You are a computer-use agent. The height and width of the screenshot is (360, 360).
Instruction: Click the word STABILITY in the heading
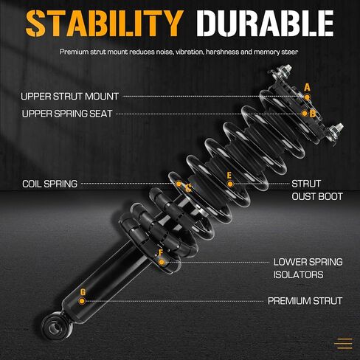click(x=105, y=24)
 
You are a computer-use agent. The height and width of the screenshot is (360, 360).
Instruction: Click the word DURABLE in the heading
click(x=265, y=24)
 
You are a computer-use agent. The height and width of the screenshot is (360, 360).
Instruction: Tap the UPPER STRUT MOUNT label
click(x=70, y=97)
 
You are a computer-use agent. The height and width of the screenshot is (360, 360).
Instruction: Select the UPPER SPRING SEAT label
click(x=67, y=114)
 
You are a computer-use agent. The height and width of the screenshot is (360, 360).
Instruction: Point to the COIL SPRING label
click(x=49, y=184)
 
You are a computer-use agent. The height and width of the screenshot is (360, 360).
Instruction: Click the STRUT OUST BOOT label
click(x=317, y=190)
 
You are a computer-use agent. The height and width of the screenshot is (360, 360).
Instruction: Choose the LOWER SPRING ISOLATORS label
click(x=308, y=269)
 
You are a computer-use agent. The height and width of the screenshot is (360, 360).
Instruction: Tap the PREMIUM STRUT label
click(x=305, y=301)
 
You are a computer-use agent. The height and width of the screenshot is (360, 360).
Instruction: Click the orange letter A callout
click(x=307, y=88)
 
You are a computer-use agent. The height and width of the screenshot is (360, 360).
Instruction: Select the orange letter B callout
click(x=313, y=114)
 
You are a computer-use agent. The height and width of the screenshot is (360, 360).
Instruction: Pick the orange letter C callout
click(x=188, y=188)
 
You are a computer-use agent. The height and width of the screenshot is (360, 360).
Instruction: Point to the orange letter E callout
click(x=229, y=176)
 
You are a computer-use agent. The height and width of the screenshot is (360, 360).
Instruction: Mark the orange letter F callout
click(x=161, y=252)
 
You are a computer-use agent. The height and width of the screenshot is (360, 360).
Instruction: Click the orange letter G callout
click(x=83, y=292)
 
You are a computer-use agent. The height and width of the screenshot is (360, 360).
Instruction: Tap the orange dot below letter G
click(x=82, y=301)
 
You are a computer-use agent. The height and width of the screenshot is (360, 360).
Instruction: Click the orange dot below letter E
click(x=230, y=184)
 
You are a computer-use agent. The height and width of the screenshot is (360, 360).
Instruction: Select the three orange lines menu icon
click(x=344, y=344)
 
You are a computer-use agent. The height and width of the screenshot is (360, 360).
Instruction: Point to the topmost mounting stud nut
click(x=287, y=69)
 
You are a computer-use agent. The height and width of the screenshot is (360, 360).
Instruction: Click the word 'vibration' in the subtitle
click(x=189, y=52)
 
